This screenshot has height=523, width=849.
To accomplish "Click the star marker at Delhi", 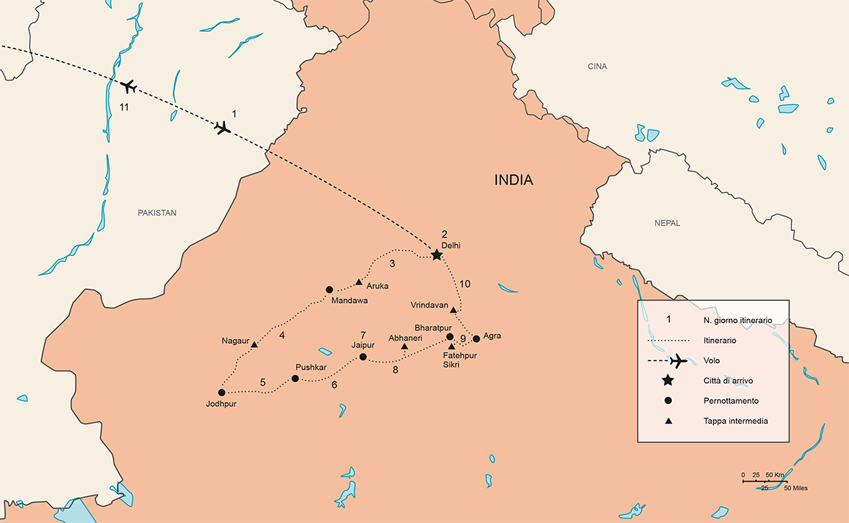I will pos(436,255).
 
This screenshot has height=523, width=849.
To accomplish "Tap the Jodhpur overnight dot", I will pos(221,392).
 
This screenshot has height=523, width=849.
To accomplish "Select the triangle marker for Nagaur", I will pos(254,344).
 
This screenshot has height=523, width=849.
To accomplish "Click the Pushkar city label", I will pos(309,368).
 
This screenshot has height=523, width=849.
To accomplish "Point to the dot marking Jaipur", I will pos(363,357).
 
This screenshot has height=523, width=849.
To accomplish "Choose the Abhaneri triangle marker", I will pos(404,346).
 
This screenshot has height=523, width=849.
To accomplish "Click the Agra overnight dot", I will pos(476,338).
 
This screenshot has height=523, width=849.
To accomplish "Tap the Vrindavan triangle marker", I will pos(454,310).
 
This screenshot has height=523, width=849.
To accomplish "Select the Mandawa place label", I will pos(349,300).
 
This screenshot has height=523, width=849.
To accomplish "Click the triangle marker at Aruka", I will pos(358,282).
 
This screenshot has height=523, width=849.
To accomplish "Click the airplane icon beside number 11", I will pos(128,87).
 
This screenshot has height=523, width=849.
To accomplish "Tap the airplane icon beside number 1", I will pos(223,129).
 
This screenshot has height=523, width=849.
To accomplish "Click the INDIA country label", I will pos(513,180).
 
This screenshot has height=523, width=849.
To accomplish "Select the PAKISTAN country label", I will pos(157,213).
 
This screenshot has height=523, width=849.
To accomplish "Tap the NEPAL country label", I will pos(667,223).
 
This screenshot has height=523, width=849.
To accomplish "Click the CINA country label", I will pos(597,67).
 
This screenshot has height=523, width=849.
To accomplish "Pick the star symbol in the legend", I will pos(668,381).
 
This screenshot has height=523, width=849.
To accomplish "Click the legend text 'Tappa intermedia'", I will pos(735,421).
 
